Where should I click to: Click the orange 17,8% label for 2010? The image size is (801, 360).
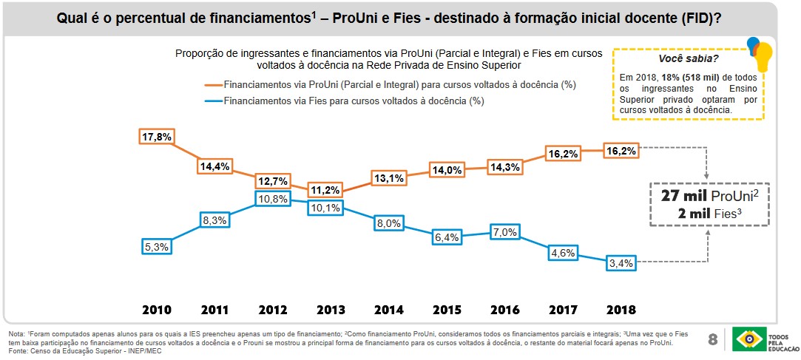click(156, 137)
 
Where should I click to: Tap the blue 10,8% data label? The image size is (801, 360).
click(271, 200)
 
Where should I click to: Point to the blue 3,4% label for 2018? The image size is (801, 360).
click(621, 262)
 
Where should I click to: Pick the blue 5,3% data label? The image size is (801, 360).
click(156, 247)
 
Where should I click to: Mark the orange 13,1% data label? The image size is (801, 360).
click(389, 177)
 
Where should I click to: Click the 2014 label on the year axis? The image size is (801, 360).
click(389, 309)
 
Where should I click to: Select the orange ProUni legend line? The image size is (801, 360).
click(214, 85)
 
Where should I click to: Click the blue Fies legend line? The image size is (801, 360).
click(214, 101)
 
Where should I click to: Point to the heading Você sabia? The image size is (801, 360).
click(688, 58)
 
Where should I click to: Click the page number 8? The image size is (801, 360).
click(712, 340)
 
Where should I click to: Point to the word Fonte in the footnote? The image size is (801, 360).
click(17, 350)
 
